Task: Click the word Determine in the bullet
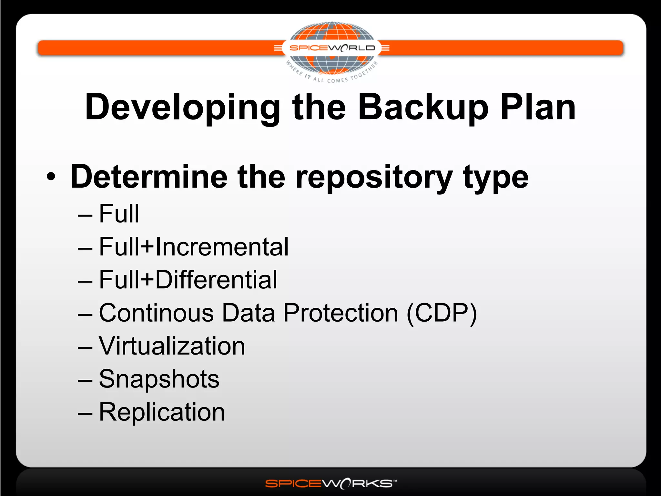coord(149,177)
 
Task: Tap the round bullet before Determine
coord(51,177)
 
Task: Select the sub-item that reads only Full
coord(119,214)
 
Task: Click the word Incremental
coord(222,247)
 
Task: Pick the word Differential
coord(216,280)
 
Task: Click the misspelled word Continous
coord(156,313)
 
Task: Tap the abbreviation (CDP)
coord(442,314)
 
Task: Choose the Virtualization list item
coord(172,346)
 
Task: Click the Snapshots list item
coord(159,379)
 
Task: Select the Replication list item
coord(162,412)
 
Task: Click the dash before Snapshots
coord(85,380)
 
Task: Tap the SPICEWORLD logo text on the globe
coord(332,48)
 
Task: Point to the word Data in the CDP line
coord(248,313)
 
